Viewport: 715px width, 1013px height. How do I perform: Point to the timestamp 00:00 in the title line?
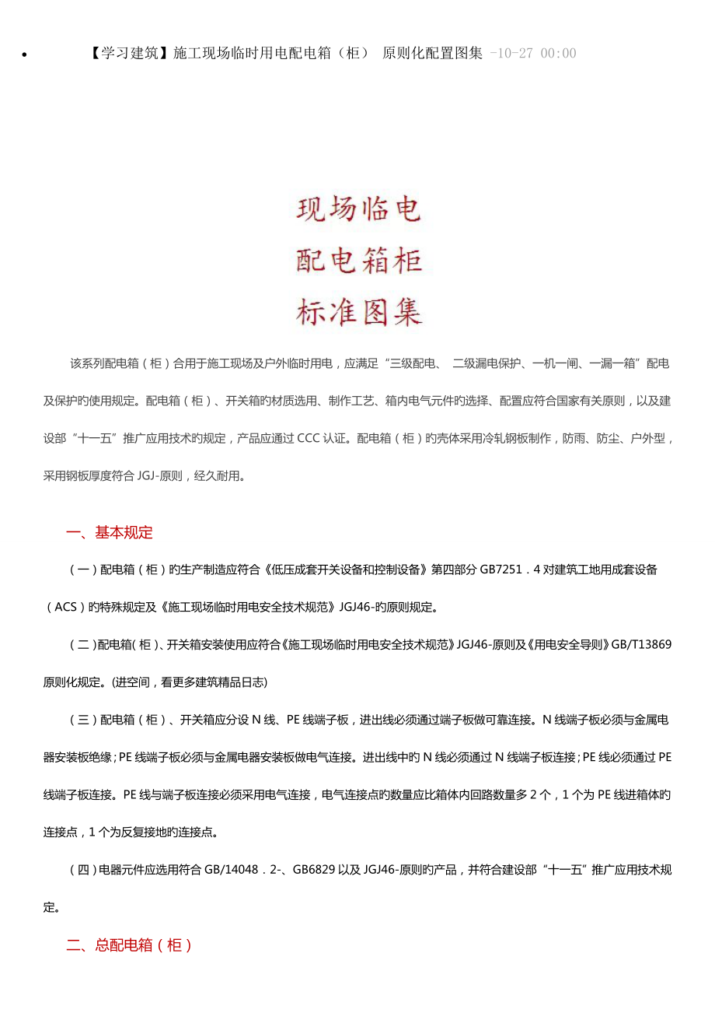(x=560, y=53)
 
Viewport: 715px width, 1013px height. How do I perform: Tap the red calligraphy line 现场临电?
(x=359, y=209)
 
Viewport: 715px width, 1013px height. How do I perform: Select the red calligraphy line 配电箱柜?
(x=359, y=261)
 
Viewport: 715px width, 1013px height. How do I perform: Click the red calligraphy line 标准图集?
(x=359, y=312)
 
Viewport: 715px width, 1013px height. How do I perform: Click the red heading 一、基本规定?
(x=110, y=532)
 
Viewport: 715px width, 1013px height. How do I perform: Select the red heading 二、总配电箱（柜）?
(x=129, y=945)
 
